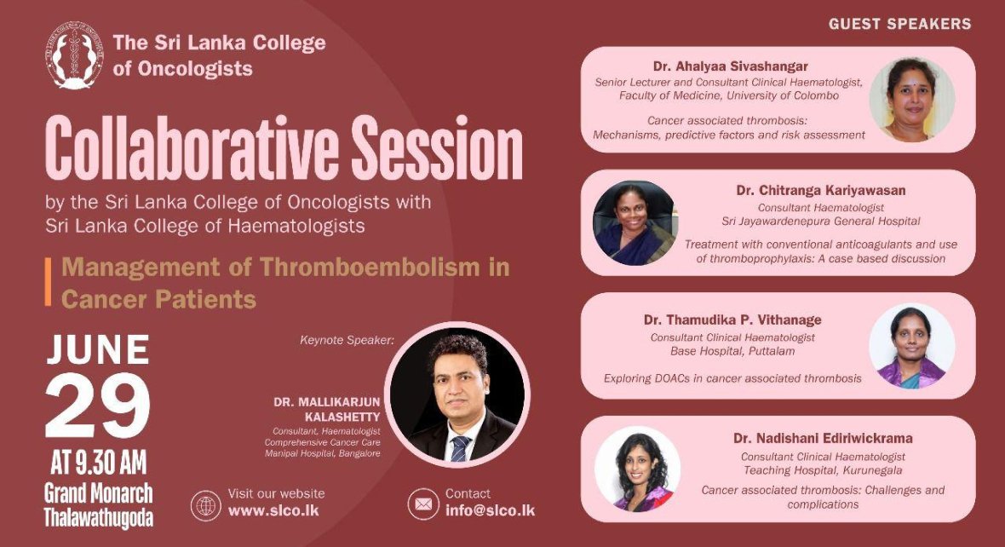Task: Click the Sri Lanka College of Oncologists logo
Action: [x=74, y=55]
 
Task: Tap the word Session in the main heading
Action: [x=437, y=149]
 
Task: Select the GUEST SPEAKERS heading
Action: [x=900, y=24]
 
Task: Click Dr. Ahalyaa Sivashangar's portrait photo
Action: [x=912, y=100]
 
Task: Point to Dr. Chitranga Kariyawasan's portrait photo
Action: [x=635, y=223]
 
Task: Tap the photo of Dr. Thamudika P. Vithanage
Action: [x=912, y=346]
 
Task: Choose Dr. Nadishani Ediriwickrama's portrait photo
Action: [x=637, y=469]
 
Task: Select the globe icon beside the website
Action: [x=206, y=505]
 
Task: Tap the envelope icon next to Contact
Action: [x=423, y=504]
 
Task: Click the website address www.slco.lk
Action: [x=273, y=511]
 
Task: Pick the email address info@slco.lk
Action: [x=491, y=511]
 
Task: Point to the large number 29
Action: [x=97, y=406]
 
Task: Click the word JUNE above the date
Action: [x=98, y=350]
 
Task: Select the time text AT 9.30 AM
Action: [x=98, y=463]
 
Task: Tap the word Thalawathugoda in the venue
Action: [x=98, y=517]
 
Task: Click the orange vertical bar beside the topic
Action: [x=48, y=282]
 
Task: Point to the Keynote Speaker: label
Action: [x=347, y=340]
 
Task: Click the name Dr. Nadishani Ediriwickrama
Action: [x=823, y=439]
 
